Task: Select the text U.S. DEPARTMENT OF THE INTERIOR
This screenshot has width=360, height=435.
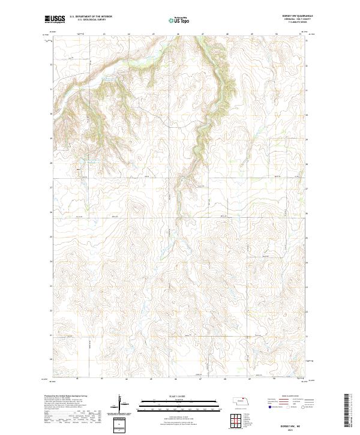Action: coord(90,17)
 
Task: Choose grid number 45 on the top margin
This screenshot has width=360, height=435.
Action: coord(153,34)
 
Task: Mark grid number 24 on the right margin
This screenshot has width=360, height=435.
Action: coord(308,262)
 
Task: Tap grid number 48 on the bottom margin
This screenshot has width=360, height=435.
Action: coord(224,379)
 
